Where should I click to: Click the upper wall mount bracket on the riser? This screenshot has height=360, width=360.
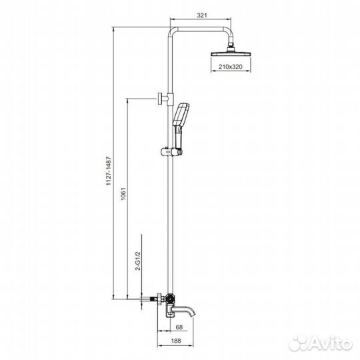tap(163, 99)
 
